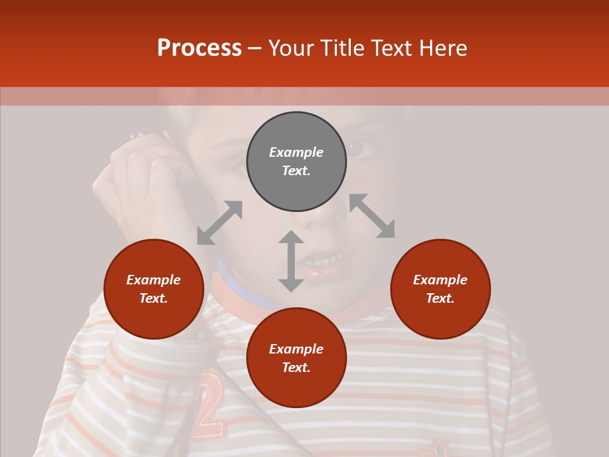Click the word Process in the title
(x=199, y=48)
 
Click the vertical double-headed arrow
(x=291, y=261)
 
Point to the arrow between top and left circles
(x=219, y=223)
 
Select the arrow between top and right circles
(x=372, y=216)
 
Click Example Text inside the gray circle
(x=296, y=161)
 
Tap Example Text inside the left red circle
(x=154, y=289)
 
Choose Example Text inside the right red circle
(x=440, y=289)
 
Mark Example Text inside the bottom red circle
(x=296, y=358)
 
